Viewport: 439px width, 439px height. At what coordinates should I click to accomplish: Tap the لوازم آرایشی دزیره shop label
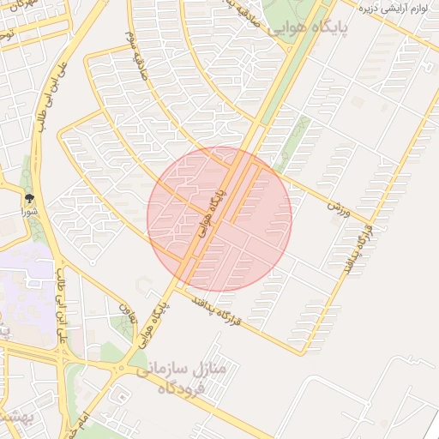tap(394, 9)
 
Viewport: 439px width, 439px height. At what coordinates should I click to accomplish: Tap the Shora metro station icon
tap(29, 197)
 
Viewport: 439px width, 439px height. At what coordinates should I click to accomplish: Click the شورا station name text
tap(29, 210)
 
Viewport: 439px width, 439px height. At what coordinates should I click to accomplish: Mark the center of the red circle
tap(219, 219)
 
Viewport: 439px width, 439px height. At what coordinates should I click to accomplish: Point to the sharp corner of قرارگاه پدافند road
tap(302, 352)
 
